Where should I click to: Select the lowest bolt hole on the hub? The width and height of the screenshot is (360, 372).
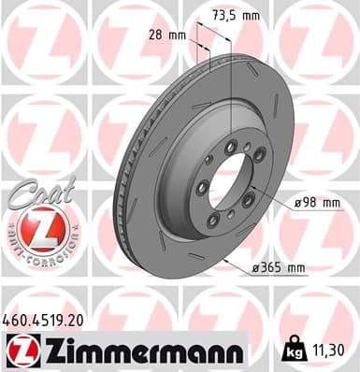(214, 221)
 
